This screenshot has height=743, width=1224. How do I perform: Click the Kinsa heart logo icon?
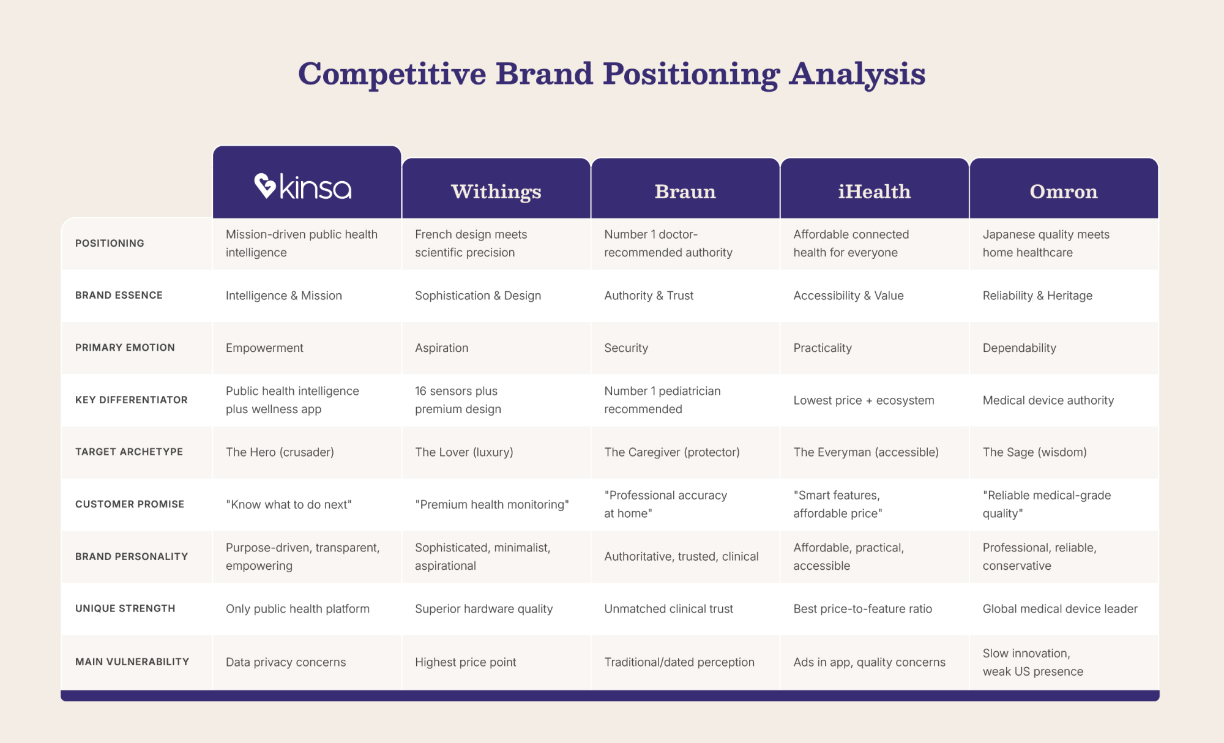click(265, 185)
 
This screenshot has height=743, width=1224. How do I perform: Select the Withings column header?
click(496, 192)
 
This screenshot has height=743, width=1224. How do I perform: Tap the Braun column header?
click(685, 192)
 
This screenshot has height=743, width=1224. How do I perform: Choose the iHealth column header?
click(874, 192)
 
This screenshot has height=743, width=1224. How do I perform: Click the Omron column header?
click(1064, 192)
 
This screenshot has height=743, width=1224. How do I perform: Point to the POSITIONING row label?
click(110, 243)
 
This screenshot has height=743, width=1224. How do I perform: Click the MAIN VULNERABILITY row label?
click(132, 662)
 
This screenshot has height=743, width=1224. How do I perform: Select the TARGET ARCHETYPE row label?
click(129, 452)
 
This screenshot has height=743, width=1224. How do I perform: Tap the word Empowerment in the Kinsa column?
click(264, 348)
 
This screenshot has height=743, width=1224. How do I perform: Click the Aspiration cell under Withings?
click(441, 348)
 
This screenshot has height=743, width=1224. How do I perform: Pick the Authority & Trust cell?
click(649, 296)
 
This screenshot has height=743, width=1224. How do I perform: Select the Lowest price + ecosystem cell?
click(864, 400)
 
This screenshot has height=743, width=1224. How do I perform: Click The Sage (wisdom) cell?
click(1034, 452)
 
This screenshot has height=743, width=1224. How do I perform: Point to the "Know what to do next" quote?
click(289, 504)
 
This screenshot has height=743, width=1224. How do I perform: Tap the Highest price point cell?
click(465, 662)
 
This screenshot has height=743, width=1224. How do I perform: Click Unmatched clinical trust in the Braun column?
click(668, 609)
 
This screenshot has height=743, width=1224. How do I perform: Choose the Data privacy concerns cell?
click(286, 662)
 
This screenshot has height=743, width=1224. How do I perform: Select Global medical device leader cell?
click(1060, 609)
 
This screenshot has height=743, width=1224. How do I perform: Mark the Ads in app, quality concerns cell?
click(869, 662)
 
